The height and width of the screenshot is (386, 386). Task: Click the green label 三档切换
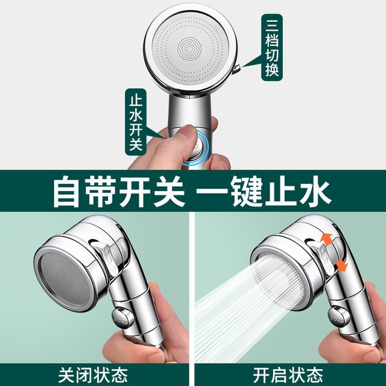pos(271,48)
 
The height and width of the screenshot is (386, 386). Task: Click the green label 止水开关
pos(136,122)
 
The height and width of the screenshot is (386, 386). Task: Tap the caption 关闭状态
pos(93,375)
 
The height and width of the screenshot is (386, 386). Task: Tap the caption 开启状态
pos(288,375)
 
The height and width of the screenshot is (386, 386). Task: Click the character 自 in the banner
pos(67,191)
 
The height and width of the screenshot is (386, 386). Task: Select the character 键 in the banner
pos(247,191)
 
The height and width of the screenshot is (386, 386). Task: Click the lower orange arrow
pos(341,265)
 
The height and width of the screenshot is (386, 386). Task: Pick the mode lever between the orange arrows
pos(326,259)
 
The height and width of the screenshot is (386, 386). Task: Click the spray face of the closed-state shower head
pos(65,278)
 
